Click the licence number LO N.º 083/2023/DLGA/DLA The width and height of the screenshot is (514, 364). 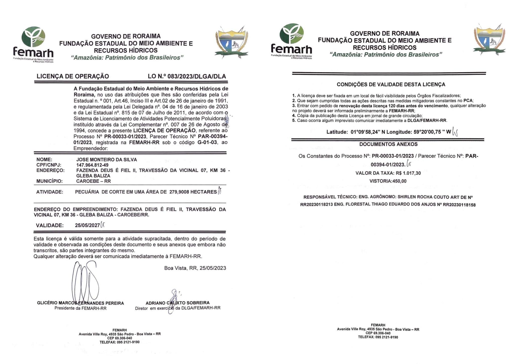pyautogui.click(x=187, y=76)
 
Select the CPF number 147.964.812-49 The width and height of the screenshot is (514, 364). pyautogui.click(x=92, y=165)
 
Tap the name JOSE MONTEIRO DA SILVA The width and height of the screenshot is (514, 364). pyautogui.click(x=107, y=160)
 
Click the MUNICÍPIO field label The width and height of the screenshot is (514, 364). pyautogui.click(x=49, y=181)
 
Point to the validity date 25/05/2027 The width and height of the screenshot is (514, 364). pyautogui.click(x=87, y=225)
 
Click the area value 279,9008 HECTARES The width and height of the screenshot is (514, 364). pyautogui.click(x=193, y=192)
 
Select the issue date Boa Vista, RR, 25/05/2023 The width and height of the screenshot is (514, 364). pyautogui.click(x=195, y=268)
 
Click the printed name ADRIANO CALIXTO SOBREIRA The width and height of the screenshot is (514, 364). pyautogui.click(x=177, y=303)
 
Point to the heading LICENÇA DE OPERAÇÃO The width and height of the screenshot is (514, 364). pyautogui.click(x=73, y=76)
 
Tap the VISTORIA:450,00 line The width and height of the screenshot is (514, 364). pyautogui.click(x=388, y=181)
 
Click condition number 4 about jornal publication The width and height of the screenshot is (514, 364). pyautogui.click(x=357, y=116)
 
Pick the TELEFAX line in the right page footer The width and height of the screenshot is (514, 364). pyautogui.click(x=378, y=337)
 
